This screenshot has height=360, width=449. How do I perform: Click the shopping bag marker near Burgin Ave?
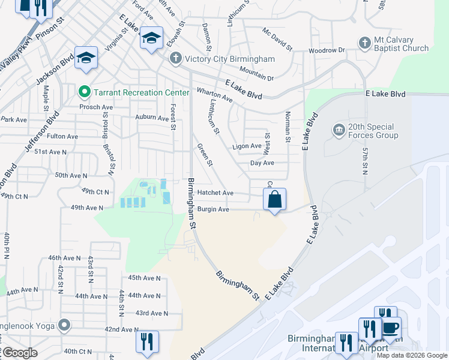[274, 200]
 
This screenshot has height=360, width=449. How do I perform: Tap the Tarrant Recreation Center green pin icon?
[84, 92]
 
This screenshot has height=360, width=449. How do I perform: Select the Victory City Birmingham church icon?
[175, 59]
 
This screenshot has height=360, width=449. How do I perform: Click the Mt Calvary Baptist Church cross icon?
[364, 43]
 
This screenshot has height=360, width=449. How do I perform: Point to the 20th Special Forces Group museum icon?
[339, 130]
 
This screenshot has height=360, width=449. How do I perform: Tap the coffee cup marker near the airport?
[391, 328]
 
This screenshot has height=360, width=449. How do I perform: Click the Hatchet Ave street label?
[215, 193]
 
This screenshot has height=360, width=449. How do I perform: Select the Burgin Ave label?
[214, 209]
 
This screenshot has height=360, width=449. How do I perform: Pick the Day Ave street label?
[262, 163]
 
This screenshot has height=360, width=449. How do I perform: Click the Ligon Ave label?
[247, 146]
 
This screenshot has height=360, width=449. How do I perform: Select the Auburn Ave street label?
[152, 118]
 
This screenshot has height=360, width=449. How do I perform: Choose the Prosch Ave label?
[96, 107]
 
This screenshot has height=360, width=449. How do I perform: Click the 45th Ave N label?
[144, 278]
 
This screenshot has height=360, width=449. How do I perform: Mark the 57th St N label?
[364, 160]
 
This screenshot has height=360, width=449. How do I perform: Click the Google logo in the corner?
[19, 353]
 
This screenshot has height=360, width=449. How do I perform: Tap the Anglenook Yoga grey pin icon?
[64, 326]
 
